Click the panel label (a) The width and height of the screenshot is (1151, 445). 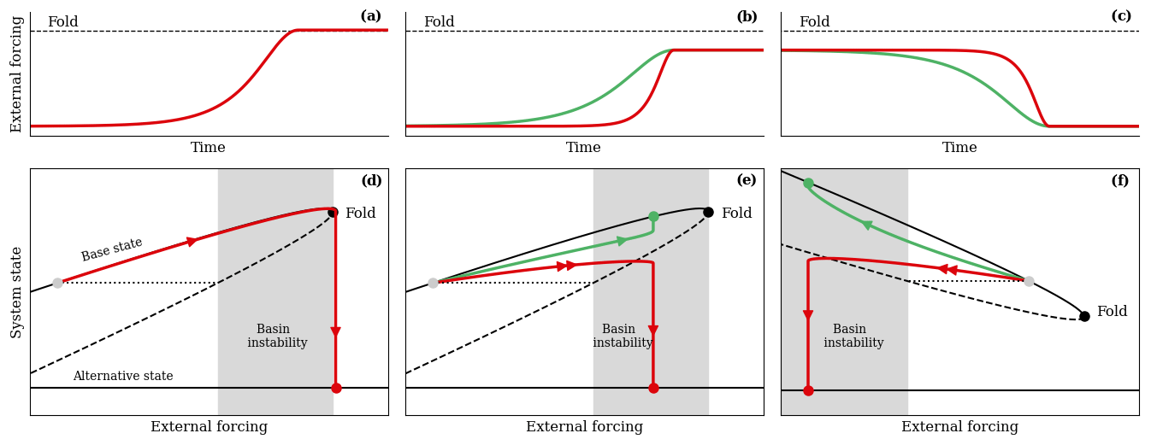(370, 16)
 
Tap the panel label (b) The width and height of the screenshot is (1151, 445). (747, 17)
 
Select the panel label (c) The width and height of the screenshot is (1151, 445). (1121, 16)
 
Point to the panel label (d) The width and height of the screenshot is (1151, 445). (371, 181)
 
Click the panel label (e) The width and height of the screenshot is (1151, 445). (747, 180)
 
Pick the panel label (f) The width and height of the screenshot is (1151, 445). (1119, 181)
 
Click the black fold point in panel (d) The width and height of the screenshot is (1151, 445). (333, 212)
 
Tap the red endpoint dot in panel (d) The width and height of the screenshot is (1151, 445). (336, 388)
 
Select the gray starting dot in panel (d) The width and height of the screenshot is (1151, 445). (57, 283)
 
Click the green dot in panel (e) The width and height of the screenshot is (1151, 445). (653, 216)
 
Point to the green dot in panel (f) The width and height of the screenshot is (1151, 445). (808, 183)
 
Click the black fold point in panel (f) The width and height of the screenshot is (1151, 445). (1084, 316)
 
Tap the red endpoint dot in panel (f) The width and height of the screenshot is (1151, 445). (808, 390)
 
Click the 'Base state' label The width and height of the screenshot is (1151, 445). (112, 249)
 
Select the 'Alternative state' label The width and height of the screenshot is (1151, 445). (123, 377)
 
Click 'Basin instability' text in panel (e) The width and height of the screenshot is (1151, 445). (622, 337)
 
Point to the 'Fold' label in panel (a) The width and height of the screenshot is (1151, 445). (62, 22)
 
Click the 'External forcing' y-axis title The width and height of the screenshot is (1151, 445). (17, 74)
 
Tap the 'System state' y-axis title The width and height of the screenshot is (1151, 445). (17, 292)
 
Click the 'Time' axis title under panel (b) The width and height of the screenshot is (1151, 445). (583, 148)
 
